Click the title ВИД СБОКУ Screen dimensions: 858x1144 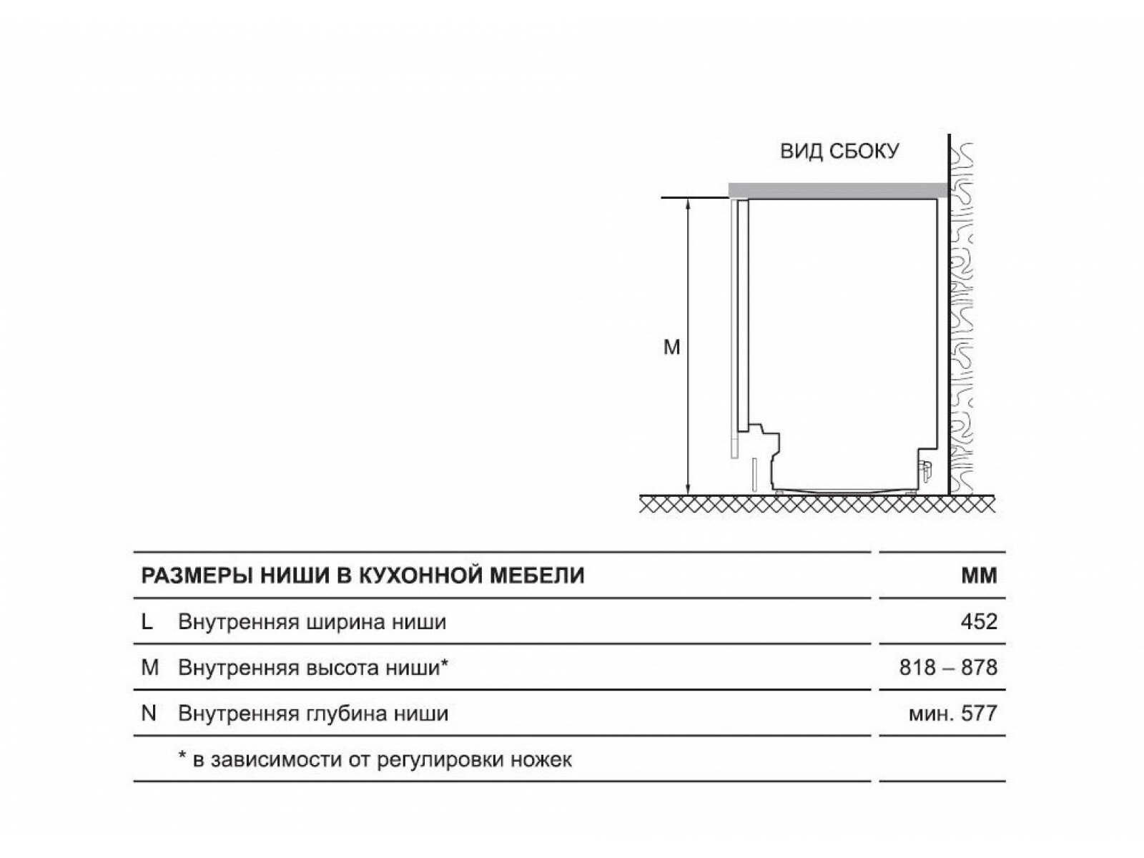click(x=839, y=152)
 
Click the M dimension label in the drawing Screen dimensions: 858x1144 click(x=671, y=348)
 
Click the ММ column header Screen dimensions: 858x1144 click(x=979, y=576)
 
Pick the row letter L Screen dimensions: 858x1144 click(x=147, y=622)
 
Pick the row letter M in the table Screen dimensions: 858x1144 click(x=149, y=668)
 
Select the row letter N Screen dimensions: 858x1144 click(x=149, y=714)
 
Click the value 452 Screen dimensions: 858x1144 click(x=979, y=622)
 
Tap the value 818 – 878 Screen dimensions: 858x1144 click(x=948, y=668)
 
